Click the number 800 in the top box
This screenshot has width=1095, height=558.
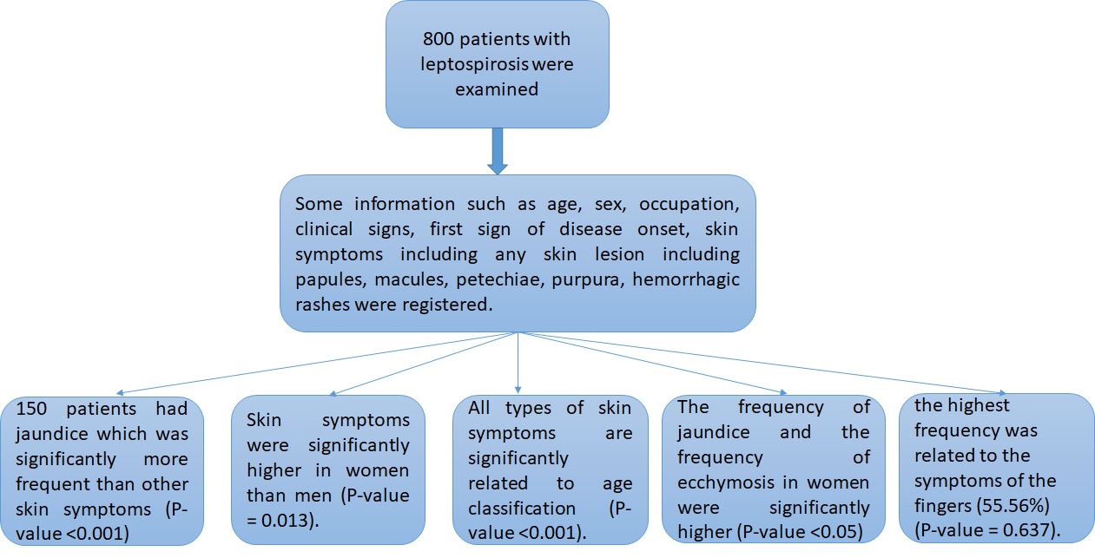tap(439, 39)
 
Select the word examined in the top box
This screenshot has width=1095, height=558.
tap(497, 89)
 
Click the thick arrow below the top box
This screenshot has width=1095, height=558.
tap(498, 151)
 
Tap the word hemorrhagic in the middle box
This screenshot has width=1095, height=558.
tap(686, 280)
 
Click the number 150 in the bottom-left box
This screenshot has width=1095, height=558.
tap(31, 409)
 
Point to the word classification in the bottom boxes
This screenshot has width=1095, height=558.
tap(522, 509)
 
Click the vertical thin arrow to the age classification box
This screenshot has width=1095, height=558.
tap(518, 363)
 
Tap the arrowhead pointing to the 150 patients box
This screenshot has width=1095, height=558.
tap(120, 392)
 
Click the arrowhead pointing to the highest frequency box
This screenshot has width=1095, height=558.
tap(1003, 393)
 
